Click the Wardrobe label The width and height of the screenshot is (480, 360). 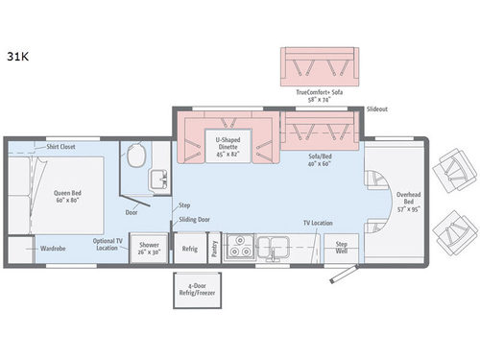[x=53, y=248]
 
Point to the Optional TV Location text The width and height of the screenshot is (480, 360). [x=108, y=244]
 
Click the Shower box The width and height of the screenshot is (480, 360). [x=148, y=249]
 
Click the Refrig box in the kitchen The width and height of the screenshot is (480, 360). [x=189, y=248]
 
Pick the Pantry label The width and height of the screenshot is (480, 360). [x=213, y=248]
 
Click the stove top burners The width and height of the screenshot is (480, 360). [x=242, y=245]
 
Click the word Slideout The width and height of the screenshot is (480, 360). [x=378, y=109]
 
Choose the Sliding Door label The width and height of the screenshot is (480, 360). [x=192, y=220]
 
